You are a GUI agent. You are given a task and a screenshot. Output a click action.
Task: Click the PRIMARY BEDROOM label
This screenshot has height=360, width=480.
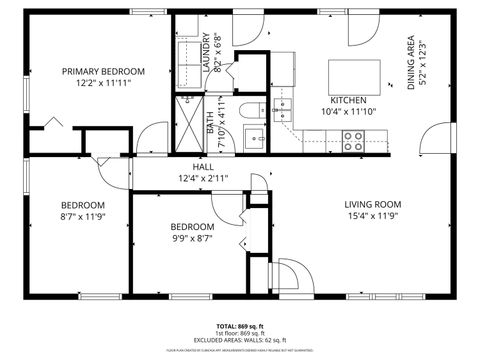coord(103,71)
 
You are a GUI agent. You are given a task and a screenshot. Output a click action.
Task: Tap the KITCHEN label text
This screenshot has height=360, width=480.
coord(348,101)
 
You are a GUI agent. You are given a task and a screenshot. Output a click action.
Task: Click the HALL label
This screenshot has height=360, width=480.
coord(203,166)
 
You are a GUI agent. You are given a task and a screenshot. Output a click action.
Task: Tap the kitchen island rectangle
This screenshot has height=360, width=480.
coord(358,74)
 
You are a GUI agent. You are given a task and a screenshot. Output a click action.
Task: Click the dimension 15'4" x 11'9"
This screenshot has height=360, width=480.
coord(373,215)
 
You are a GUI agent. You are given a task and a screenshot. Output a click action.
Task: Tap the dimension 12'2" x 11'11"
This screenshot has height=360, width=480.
coord(103,84)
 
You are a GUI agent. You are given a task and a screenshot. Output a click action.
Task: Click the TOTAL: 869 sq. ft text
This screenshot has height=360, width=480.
coord(240,326)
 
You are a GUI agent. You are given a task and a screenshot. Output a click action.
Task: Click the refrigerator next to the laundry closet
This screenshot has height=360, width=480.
coord(285,67)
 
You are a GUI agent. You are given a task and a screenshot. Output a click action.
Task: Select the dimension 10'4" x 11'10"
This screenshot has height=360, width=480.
coord(348,113)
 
